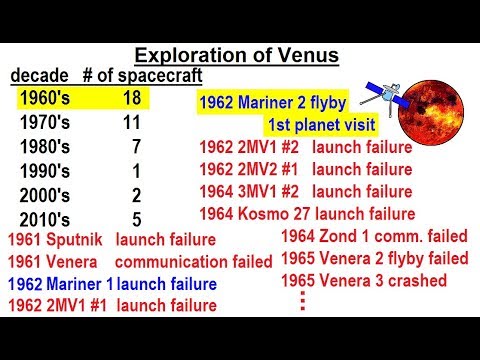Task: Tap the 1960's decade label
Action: [47, 98]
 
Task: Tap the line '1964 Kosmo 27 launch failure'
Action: [308, 212]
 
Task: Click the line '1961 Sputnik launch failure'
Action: [110, 240]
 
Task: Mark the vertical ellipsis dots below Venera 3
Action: [300, 301]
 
